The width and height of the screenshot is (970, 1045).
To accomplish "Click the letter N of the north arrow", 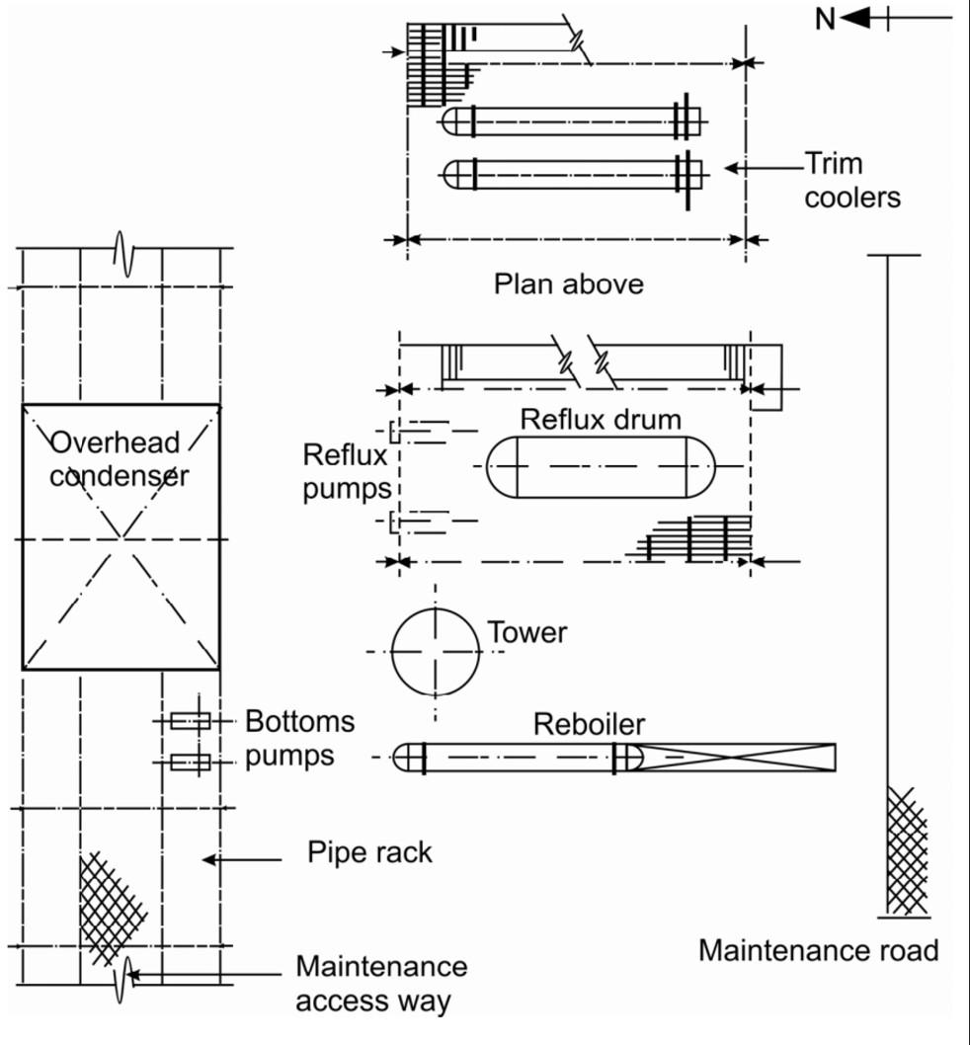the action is point(826,19).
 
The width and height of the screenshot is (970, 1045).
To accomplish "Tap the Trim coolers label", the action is point(852,180).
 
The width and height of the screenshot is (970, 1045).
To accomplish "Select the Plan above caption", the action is point(569,283).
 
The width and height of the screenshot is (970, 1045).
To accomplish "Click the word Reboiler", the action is point(590,724).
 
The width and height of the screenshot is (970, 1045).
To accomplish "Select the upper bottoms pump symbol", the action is point(191,720).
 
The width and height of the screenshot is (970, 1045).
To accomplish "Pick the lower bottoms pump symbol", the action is point(191,762).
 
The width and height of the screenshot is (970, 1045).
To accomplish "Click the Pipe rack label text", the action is point(369,852).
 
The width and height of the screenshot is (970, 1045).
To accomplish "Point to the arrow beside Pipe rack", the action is point(241,859).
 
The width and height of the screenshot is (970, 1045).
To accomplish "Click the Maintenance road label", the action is point(818,950).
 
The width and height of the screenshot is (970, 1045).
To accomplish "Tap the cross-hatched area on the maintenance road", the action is point(908,851).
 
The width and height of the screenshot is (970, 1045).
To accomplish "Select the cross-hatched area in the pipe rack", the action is point(109,908).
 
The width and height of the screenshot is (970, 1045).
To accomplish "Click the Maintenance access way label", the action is point(381,984).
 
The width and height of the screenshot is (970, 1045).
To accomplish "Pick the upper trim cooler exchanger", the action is point(573,121).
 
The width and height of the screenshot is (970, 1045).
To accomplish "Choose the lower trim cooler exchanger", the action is point(573,175).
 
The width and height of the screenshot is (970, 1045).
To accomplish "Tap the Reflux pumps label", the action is point(347,472).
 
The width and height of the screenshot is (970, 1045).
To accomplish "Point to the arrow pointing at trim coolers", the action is point(764,168).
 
